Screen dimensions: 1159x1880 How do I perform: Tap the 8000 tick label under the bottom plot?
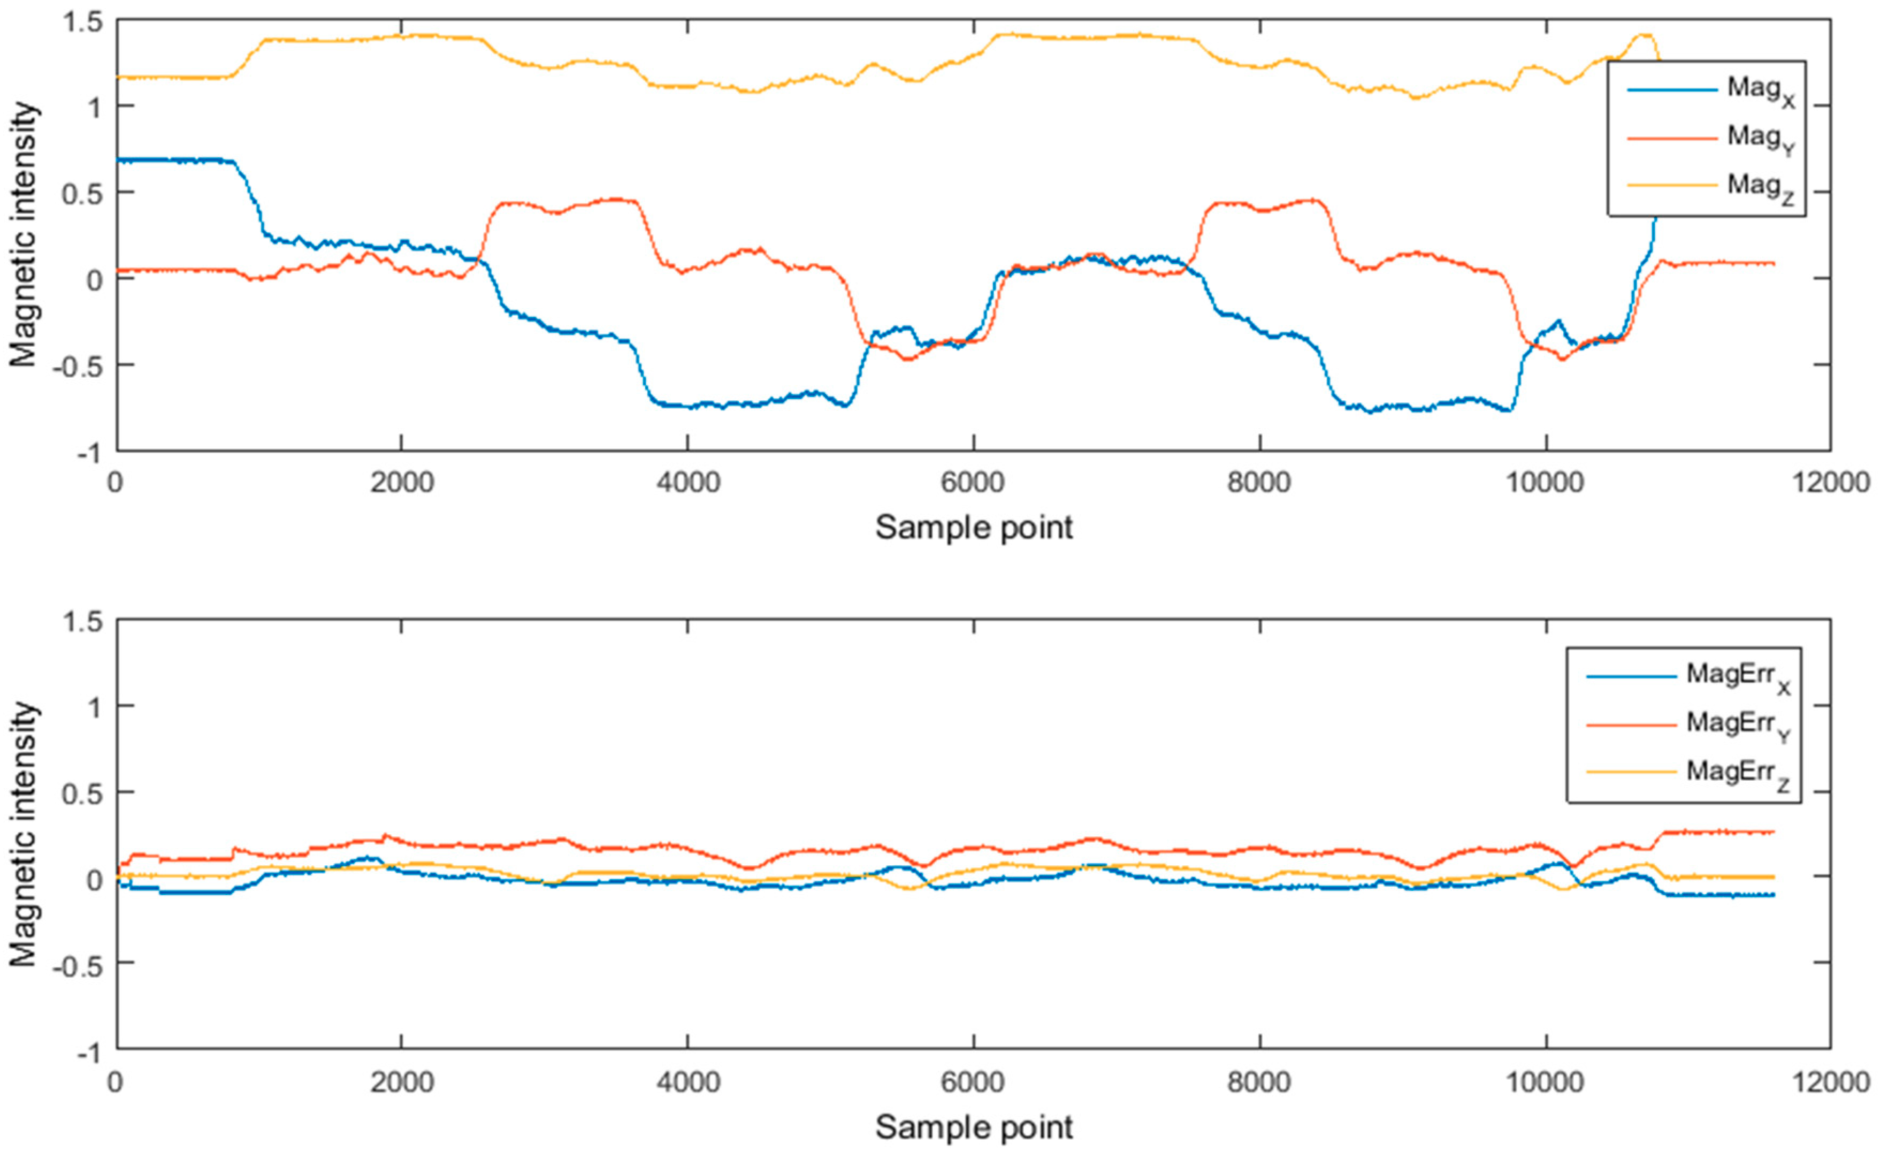pos(1259,1083)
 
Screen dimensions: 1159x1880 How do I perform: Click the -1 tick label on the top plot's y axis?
pos(90,453)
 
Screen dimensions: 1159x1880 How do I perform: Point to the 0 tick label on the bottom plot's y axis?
pos(94,879)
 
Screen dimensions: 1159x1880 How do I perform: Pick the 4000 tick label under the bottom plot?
pos(687,1083)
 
